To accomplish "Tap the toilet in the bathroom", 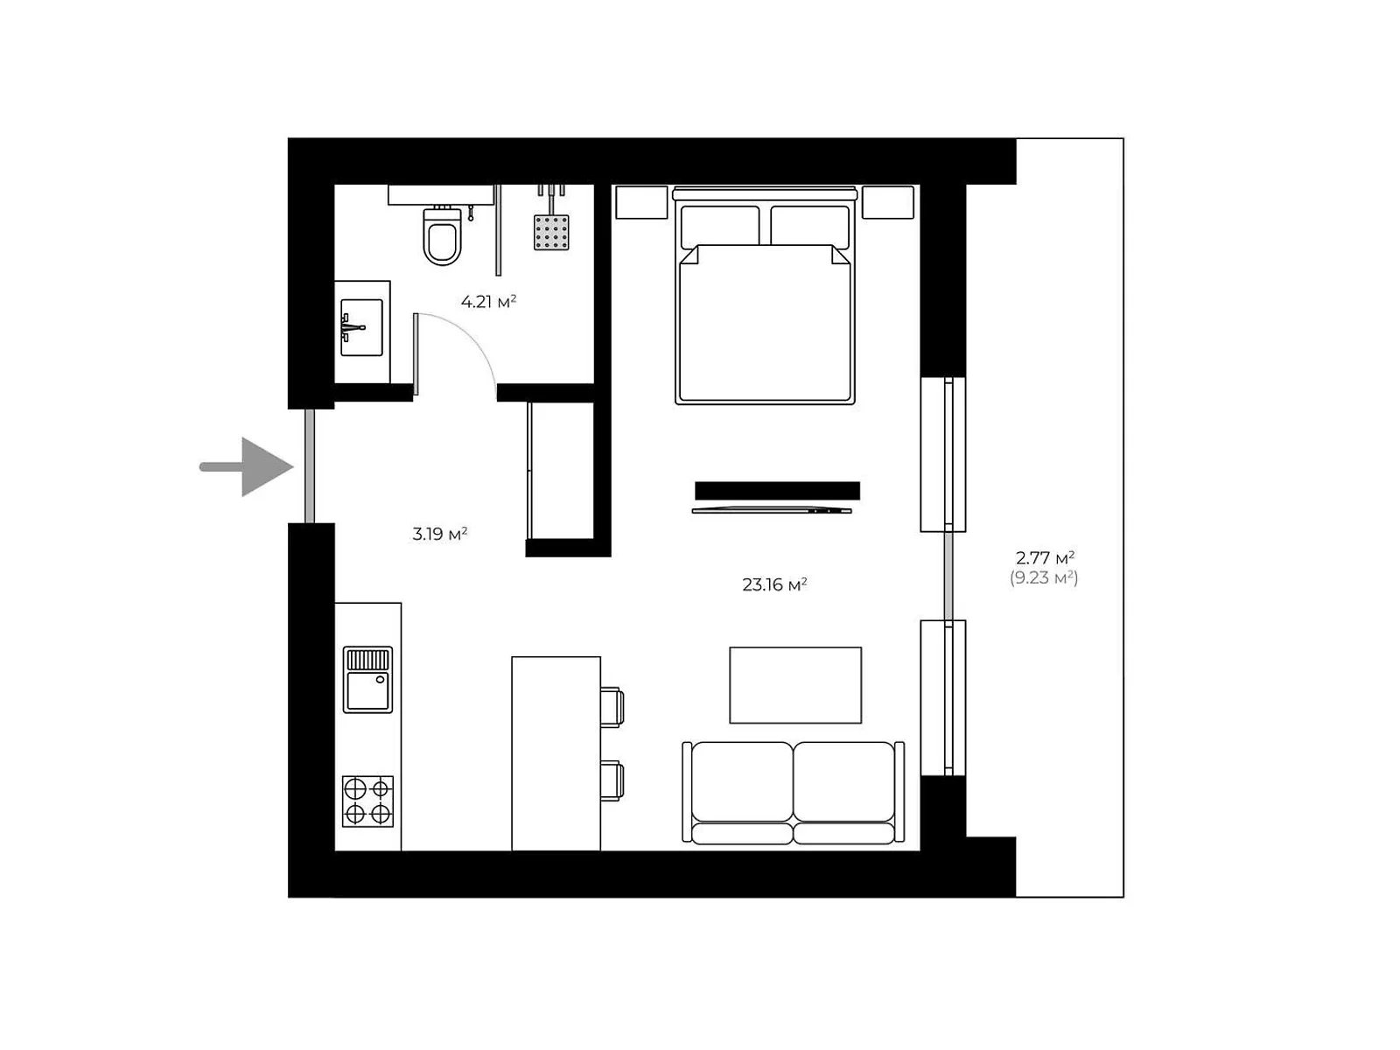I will coord(442,237).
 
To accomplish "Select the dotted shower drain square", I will coord(551,232).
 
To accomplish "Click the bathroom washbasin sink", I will coord(361,327).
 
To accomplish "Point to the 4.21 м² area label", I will coord(488,302).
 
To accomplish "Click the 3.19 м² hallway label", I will coord(439,534).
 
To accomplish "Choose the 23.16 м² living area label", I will coord(774,584).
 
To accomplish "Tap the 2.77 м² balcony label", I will coord(1044,557).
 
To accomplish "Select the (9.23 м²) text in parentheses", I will coord(1044,578).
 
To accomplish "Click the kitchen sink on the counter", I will coord(367,680).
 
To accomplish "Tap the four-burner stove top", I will coord(367,801).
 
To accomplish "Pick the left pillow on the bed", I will coord(719,225).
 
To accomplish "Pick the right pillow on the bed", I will coord(809,225).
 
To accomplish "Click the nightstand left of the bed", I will coord(641,202).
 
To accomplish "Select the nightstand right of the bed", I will coord(887,202).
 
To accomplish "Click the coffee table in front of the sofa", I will coord(795,685).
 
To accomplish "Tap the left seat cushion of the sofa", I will coord(742,781).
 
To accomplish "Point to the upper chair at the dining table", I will coord(612,707).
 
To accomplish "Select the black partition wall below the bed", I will coord(777,490).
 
